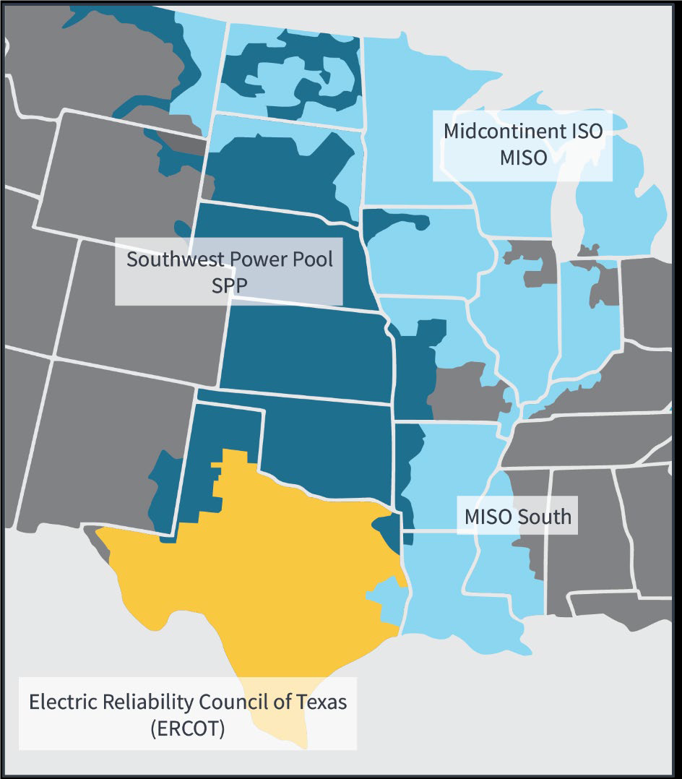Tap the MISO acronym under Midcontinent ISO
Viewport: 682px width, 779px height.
pos(524,158)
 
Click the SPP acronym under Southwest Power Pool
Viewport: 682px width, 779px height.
pos(229,285)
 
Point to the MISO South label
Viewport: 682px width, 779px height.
pos(517,517)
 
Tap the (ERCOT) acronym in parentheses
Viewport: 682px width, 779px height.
pos(188,728)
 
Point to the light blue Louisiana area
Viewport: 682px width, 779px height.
pos(441,578)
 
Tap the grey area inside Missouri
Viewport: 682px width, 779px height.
pos(462,390)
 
